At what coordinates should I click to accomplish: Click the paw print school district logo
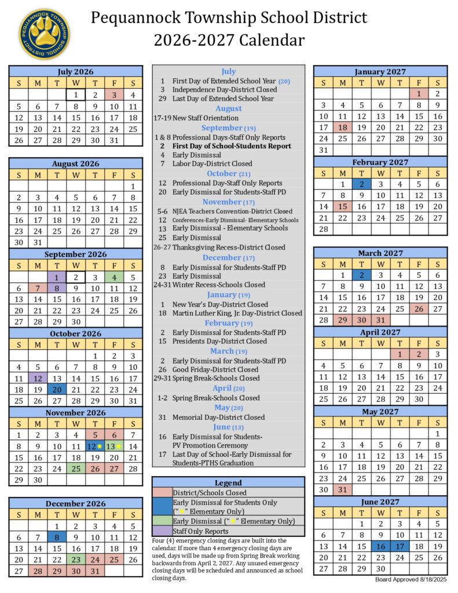pyautogui.click(x=44, y=34)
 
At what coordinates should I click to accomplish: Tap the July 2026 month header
pyautogui.click(x=75, y=72)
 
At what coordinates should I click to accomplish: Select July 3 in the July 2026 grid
pyautogui.click(x=114, y=95)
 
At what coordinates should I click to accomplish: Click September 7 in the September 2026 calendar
pyautogui.click(x=38, y=288)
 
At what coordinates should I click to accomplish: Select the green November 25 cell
pyautogui.click(x=75, y=468)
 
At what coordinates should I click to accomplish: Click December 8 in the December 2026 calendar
pyautogui.click(x=57, y=537)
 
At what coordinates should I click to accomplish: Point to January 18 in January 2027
pyautogui.click(x=342, y=127)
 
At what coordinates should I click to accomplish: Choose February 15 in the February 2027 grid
pyautogui.click(x=342, y=206)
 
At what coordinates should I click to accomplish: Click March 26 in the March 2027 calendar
pyautogui.click(x=418, y=309)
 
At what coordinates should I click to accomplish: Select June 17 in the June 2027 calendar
pyautogui.click(x=400, y=546)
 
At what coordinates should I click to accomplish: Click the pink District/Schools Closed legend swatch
pyautogui.click(x=162, y=492)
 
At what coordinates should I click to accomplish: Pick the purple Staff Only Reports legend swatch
pyautogui.click(x=162, y=531)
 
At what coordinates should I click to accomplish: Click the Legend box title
pyautogui.click(x=228, y=482)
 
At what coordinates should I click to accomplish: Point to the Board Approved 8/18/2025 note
pyautogui.click(x=411, y=579)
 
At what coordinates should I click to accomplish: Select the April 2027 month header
pyautogui.click(x=380, y=332)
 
